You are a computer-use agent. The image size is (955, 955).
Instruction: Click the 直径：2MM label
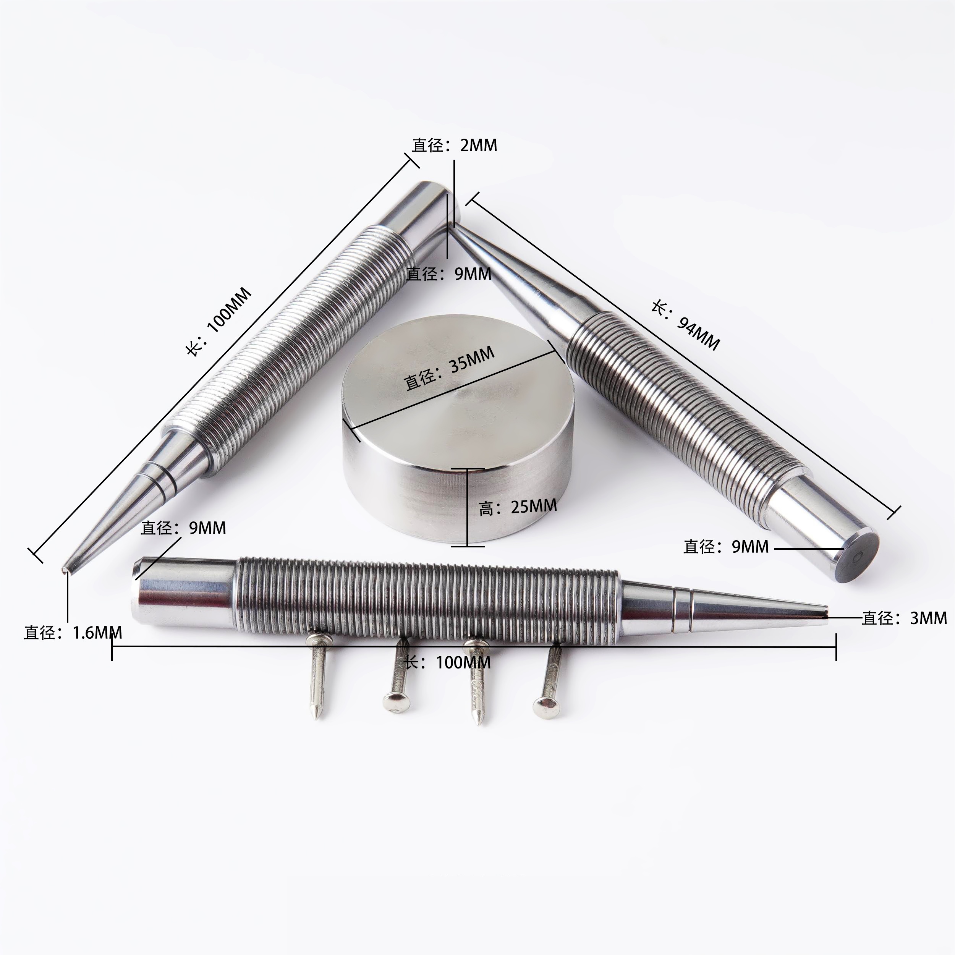tap(455, 145)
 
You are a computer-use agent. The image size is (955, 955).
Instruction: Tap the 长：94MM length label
tap(685, 324)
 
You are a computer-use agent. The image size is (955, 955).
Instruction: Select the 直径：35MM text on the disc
tap(449, 368)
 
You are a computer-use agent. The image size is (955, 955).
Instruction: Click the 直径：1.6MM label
tap(73, 633)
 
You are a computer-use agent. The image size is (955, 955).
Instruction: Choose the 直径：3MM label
tap(905, 618)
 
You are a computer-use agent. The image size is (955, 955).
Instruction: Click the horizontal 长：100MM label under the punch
tap(448, 662)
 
